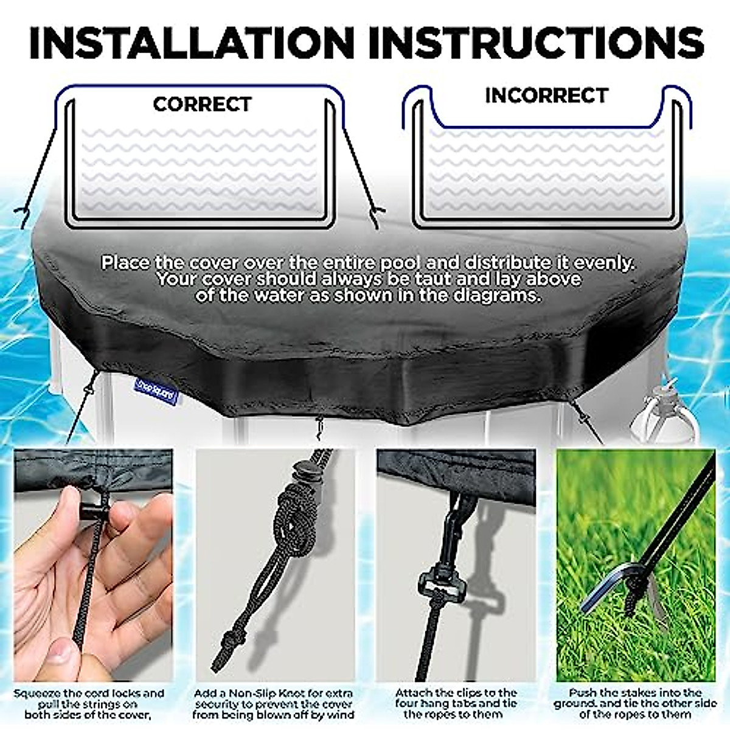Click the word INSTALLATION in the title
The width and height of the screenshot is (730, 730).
[x=191, y=43]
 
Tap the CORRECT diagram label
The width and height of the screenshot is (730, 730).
[x=202, y=105]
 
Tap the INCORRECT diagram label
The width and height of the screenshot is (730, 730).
[x=546, y=96]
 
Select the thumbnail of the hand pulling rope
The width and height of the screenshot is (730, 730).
[x=92, y=566]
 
